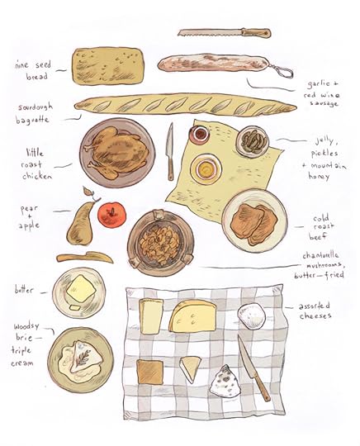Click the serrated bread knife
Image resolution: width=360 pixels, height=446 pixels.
tap(224, 32)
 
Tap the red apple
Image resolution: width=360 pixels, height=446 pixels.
tap(111, 214)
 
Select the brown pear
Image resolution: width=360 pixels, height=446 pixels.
tap(81, 222)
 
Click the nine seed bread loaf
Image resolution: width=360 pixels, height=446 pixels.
tap(108, 66)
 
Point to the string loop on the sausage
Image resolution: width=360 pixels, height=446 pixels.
tap(282, 71)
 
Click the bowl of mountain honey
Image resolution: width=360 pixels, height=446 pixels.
tap(206, 168)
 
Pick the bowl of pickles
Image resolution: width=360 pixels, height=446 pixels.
tap(253, 141)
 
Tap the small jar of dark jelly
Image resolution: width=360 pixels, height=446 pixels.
tap(200, 134)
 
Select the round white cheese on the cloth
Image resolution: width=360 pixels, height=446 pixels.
tap(252, 316)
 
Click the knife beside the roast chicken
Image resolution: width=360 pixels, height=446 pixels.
tap(170, 151)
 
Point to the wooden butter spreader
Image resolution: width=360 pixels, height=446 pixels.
tap(85, 258)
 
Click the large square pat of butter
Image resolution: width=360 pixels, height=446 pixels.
tap(81, 289)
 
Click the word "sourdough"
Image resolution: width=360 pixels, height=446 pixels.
tap(36, 107)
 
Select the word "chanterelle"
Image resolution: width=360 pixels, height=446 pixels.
tap(320, 256)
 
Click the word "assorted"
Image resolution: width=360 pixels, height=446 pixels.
tap(315, 306)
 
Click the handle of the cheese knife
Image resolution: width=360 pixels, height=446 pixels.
tap(262, 387)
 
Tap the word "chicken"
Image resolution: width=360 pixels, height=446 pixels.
tap(37, 176)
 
